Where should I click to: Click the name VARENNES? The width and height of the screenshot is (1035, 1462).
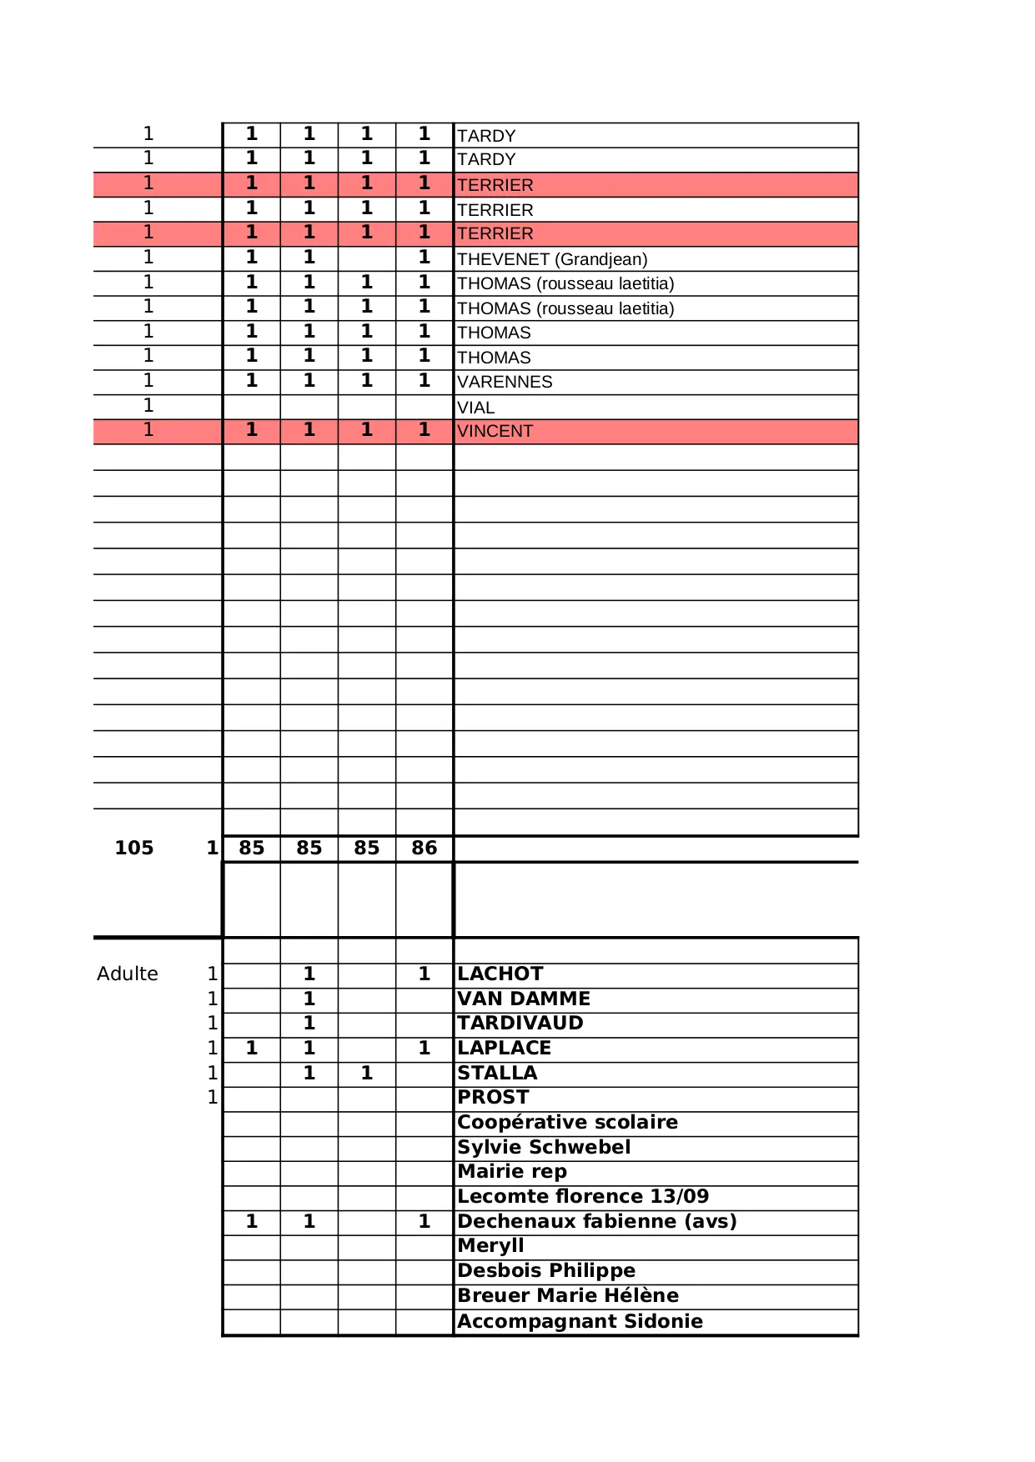point(505,382)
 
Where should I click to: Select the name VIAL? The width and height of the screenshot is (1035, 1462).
point(476,408)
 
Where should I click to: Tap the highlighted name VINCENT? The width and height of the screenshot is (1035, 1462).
point(495,431)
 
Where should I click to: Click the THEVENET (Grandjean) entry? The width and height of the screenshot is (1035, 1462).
point(552,259)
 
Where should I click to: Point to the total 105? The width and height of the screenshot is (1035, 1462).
point(134,848)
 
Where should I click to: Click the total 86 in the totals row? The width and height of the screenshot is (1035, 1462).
point(424,848)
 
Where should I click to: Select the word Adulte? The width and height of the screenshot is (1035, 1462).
point(128,974)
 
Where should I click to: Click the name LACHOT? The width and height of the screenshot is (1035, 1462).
point(500,974)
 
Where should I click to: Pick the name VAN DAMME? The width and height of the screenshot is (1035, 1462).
point(524,999)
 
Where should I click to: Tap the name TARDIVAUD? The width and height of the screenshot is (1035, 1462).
point(520,1023)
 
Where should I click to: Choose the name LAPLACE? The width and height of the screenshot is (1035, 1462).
point(505,1048)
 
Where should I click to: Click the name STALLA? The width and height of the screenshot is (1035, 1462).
point(497,1073)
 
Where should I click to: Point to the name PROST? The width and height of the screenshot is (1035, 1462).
point(493,1097)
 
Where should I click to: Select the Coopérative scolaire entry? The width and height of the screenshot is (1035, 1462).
point(567,1122)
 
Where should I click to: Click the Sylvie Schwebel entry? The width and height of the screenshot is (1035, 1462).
point(544,1147)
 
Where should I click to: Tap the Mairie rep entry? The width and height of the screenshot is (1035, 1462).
point(512,1171)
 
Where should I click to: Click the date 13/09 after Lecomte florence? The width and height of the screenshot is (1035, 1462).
point(679,1196)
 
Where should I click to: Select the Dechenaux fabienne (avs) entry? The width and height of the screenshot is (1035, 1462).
point(597,1221)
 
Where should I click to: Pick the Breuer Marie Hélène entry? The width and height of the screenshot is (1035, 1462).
point(568,1295)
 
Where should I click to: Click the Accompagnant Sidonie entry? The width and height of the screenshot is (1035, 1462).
point(580,1321)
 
